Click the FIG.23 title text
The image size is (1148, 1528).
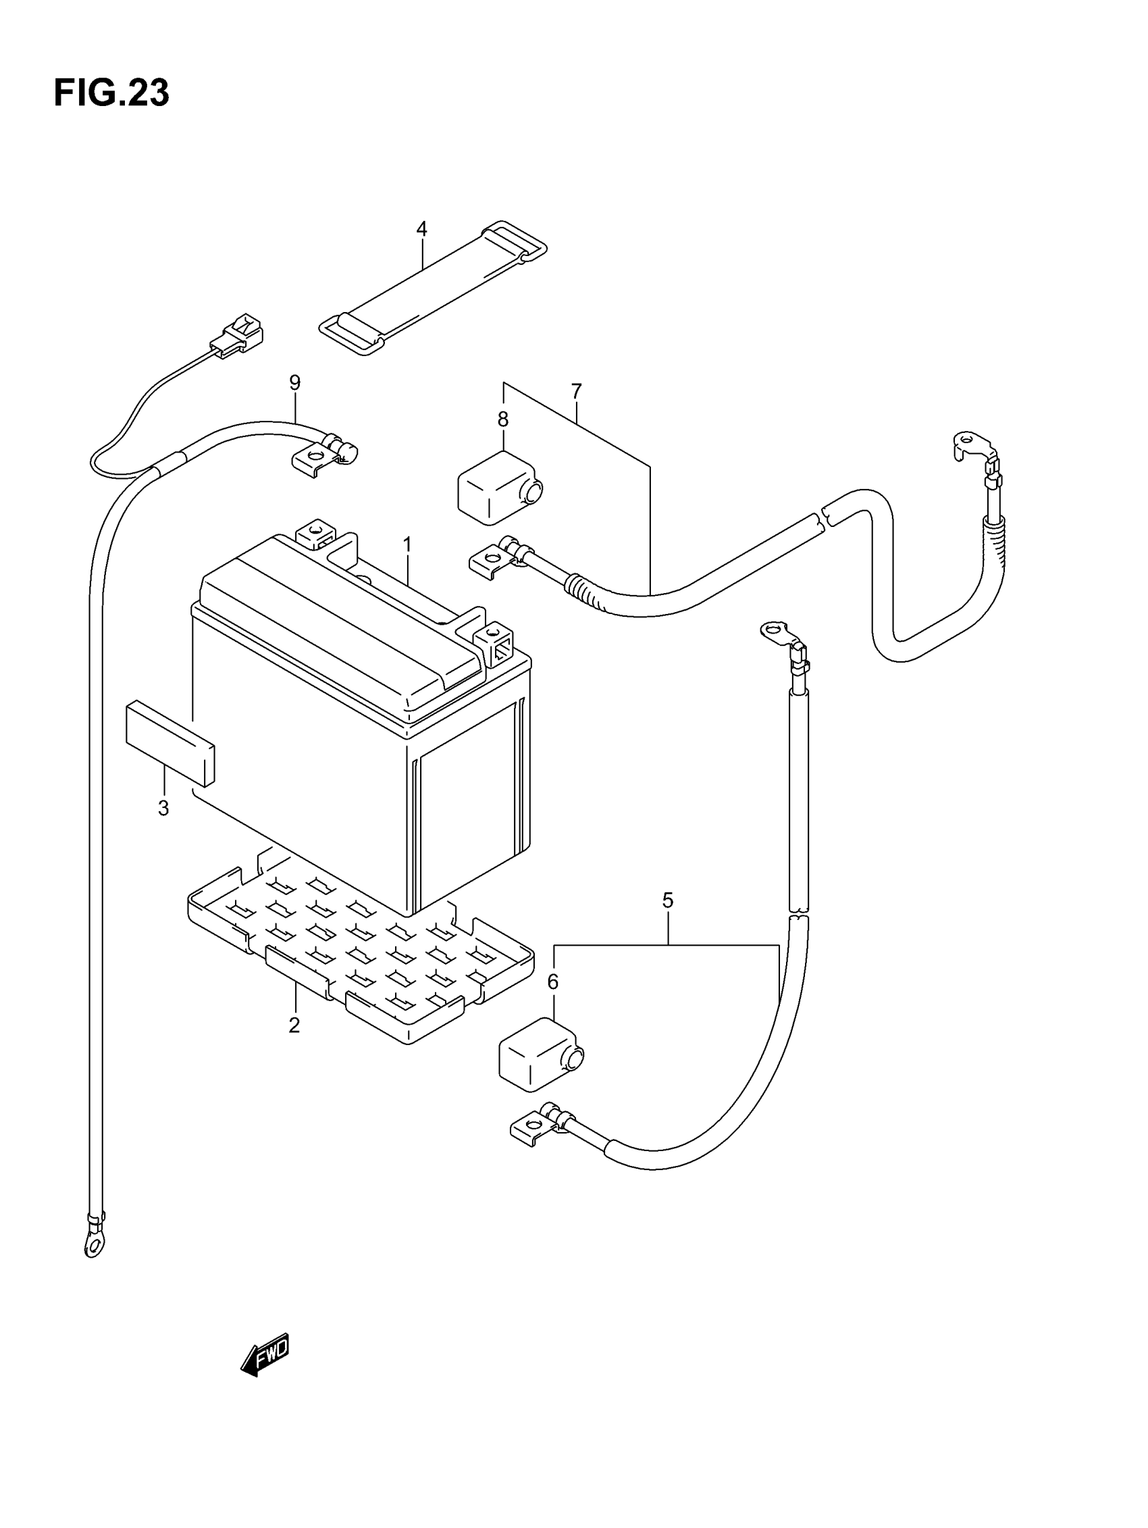[111, 93]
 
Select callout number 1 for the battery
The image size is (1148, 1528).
[407, 545]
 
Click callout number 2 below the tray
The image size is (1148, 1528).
[294, 1025]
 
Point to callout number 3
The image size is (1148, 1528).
[163, 807]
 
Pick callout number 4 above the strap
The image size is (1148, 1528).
[421, 228]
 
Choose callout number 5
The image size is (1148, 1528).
[667, 900]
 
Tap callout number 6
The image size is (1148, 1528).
[552, 982]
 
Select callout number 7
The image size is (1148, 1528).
[577, 392]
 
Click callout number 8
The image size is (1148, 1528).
[503, 419]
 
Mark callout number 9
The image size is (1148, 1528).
[295, 382]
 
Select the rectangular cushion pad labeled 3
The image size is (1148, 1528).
[170, 743]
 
